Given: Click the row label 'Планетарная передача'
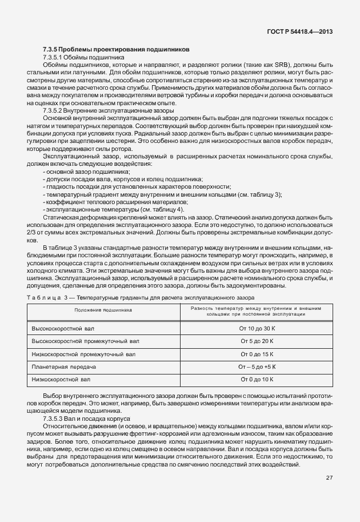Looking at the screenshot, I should [64, 366].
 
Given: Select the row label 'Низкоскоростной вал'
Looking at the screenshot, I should [62, 379].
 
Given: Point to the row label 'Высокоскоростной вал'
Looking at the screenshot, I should [63, 329].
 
